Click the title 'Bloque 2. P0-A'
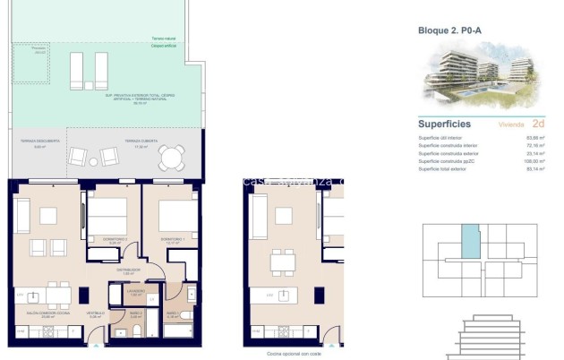pyautogui.click(x=450, y=30)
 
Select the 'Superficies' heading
pyautogui.click(x=446, y=124)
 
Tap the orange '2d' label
pyautogui.click(x=537, y=124)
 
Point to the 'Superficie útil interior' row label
pyautogui.click(x=443, y=138)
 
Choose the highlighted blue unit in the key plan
pyautogui.click(x=470, y=241)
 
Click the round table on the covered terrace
pyautogui.click(x=169, y=159)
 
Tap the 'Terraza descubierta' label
pyautogui.click(x=40, y=141)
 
